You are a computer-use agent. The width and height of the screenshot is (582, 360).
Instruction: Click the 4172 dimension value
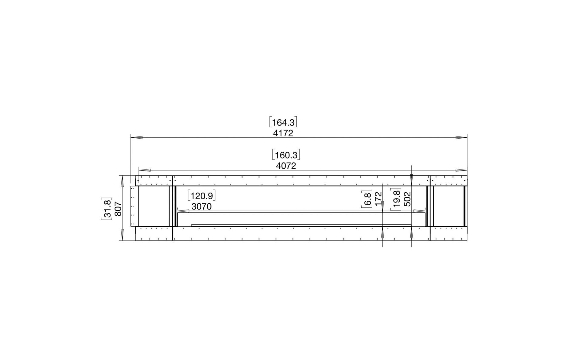coord(283,133)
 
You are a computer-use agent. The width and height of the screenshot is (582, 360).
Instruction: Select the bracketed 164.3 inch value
coord(283,122)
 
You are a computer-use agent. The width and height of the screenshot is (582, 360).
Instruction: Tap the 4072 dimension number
coord(286,166)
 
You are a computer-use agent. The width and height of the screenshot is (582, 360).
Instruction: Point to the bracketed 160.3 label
coord(286,155)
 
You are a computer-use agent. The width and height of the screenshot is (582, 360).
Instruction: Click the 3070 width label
coord(202,207)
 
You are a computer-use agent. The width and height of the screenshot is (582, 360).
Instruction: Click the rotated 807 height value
coord(119,209)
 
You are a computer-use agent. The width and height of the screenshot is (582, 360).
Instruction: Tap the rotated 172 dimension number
coord(378,199)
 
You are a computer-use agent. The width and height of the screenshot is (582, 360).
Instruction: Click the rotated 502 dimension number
coord(407,199)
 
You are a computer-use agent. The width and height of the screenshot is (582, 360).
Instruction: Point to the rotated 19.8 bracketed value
coord(396,199)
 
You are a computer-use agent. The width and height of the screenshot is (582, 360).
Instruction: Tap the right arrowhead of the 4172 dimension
coord(461,137)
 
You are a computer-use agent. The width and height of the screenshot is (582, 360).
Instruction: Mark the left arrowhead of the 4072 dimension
coord(145,170)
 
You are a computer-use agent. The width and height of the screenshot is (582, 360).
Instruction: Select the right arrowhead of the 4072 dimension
coord(461,170)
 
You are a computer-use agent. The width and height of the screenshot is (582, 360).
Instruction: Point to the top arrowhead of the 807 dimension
coord(122,181)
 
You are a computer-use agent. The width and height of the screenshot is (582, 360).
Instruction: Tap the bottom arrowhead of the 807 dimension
coord(122,234)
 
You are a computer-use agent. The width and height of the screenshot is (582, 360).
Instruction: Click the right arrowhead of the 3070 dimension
coord(420,211)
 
